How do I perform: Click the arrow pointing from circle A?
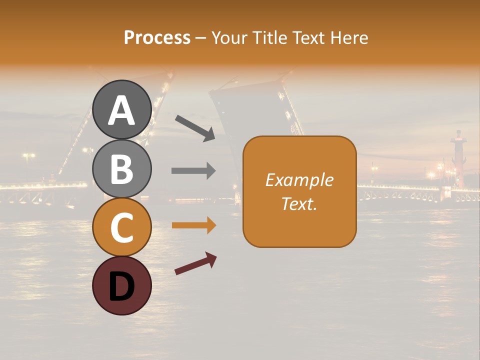(195, 128)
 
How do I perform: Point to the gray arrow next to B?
(193, 171)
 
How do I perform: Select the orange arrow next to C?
(193, 225)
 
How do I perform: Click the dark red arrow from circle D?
(195, 263)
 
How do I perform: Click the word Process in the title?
(157, 37)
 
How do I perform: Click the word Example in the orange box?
(299, 180)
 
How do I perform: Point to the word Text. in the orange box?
(299, 204)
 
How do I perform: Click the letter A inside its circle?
(121, 111)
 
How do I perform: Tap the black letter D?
(121, 287)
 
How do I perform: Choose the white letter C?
(121, 228)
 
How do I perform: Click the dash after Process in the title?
(200, 38)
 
